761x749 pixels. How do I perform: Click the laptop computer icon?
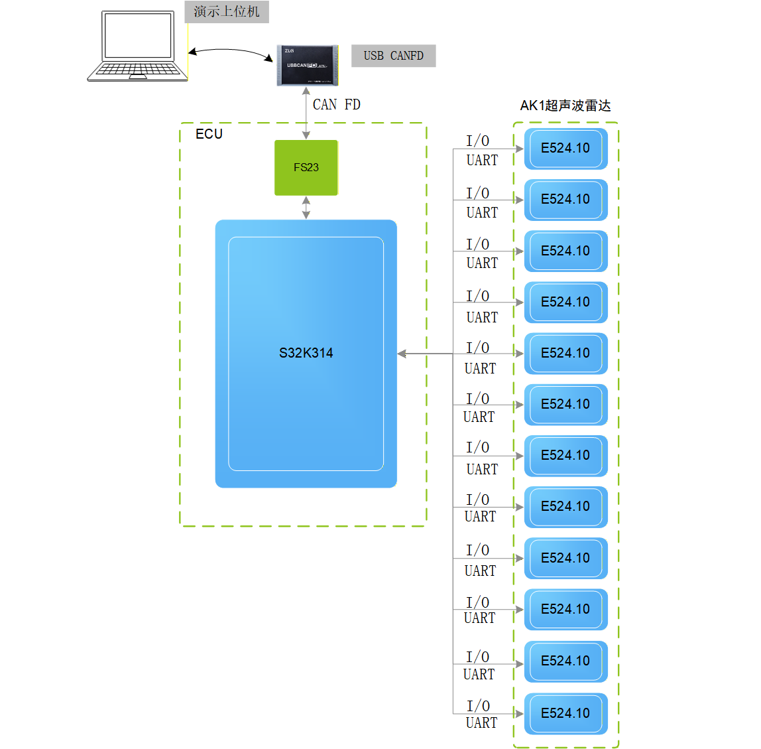pos(138,46)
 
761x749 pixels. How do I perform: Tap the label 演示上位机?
pos(227,12)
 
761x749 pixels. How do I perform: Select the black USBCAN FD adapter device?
pos(307,65)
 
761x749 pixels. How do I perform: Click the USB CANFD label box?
pos(393,56)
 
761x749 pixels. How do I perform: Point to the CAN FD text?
pos(337,105)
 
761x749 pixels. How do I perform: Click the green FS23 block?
pos(306,167)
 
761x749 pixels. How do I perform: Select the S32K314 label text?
pos(306,353)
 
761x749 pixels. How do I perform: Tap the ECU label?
pos(209,134)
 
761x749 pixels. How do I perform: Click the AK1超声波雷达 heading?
pos(565,105)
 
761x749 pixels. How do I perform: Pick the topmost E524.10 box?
pos(565,148)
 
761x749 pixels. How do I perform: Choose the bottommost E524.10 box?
pos(565,713)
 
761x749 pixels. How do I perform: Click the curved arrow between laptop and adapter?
pos(230,52)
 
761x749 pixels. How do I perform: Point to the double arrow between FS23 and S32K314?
pos(306,207)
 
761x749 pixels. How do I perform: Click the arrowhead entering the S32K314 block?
pos(402,354)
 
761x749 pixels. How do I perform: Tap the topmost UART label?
pos(482,160)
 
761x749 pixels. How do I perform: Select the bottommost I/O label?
pos(478,706)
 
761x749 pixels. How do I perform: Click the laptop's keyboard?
pos(138,70)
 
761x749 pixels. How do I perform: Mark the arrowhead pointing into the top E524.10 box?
pos(519,149)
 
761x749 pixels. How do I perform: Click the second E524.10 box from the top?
pos(565,199)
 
